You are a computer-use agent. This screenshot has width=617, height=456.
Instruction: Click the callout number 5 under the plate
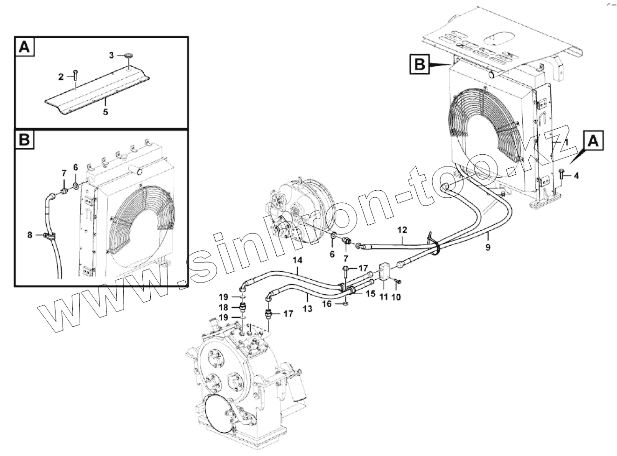105,112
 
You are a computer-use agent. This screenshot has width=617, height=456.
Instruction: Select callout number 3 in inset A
112,55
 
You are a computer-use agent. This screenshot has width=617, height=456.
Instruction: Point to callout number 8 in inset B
30,235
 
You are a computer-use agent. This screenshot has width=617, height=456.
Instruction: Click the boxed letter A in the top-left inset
25,48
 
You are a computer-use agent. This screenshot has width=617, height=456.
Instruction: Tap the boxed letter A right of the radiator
593,141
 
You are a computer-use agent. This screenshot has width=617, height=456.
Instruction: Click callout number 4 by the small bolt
576,176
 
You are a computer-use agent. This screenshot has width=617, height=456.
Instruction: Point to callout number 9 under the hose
488,248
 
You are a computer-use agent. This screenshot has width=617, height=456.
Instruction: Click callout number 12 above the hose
402,230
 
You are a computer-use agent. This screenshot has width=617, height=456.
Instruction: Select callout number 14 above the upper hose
298,261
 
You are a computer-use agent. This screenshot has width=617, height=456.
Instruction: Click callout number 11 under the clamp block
384,297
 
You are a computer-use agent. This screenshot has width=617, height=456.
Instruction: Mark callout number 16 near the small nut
327,304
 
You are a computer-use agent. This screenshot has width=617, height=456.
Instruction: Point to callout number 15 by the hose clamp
370,294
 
